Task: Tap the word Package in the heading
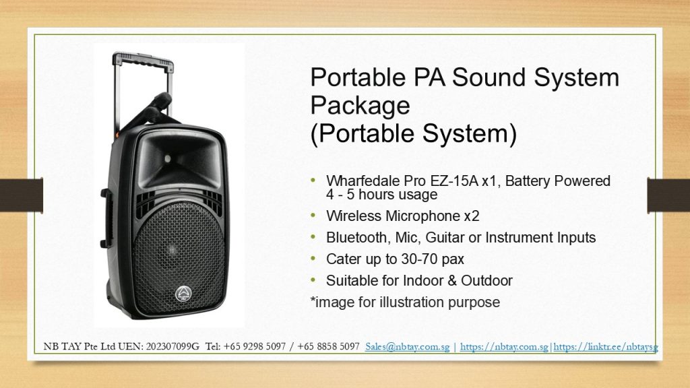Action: coord(360,106)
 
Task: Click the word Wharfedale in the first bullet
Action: coord(361,181)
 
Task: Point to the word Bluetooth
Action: coord(356,238)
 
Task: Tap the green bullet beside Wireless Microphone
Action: coord(313,215)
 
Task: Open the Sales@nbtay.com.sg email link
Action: coord(408,347)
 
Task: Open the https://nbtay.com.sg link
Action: coord(504,347)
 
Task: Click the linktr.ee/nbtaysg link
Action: coord(606,347)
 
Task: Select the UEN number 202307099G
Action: coord(172,347)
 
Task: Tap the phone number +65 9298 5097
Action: coord(254,347)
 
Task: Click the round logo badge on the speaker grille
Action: coord(183,294)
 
